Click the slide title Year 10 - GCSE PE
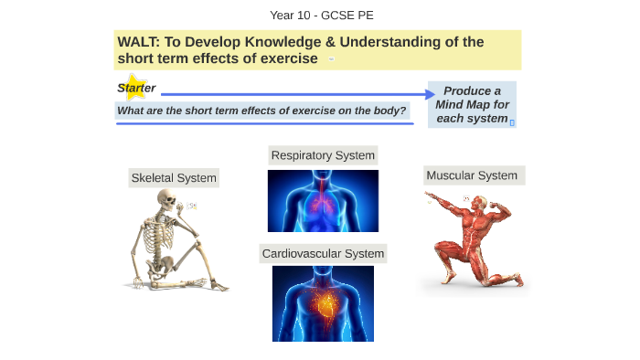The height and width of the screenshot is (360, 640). click(321, 16)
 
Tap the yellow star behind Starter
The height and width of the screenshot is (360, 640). click(134, 87)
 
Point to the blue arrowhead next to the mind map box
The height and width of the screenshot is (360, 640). click(432, 93)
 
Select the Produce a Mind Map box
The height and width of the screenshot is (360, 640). click(472, 104)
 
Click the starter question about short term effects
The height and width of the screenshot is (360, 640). click(261, 111)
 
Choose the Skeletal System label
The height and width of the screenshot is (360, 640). click(174, 178)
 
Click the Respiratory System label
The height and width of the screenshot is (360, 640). click(323, 155)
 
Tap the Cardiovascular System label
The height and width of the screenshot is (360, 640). click(323, 253)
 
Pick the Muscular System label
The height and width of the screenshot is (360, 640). click(472, 175)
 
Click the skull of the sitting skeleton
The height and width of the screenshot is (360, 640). click(166, 199)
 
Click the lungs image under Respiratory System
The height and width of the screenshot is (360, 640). click(323, 200)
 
